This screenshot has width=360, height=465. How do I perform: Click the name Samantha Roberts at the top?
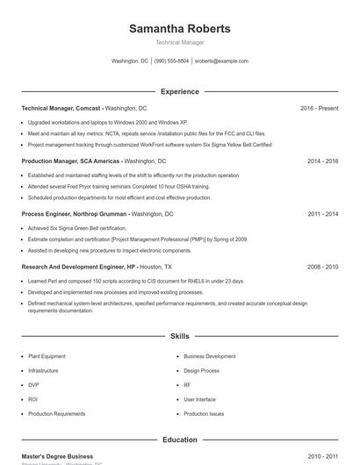pyautogui.click(x=180, y=29)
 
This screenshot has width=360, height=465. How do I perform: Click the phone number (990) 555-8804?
pyautogui.click(x=172, y=61)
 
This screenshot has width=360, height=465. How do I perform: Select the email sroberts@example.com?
pyautogui.click(x=221, y=61)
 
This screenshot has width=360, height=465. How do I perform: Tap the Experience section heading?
pyautogui.click(x=180, y=91)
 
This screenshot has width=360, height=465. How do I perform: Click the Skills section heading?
pyautogui.click(x=180, y=336)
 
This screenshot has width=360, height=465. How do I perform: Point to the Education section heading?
pyautogui.click(x=180, y=440)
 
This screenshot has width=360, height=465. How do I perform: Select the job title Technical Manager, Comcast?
pyautogui.click(x=61, y=108)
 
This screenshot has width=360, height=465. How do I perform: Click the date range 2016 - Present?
pyautogui.click(x=319, y=108)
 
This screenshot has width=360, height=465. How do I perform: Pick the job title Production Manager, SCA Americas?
pyautogui.click(x=70, y=161)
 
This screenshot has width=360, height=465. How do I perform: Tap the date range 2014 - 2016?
pyautogui.click(x=322, y=161)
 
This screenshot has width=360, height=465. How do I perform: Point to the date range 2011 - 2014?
pyautogui.click(x=322, y=214)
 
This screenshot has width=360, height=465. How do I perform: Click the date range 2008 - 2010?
pyautogui.click(x=322, y=267)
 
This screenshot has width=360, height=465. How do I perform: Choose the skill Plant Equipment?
pyautogui.click(x=47, y=356)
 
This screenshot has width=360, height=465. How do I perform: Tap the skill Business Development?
pyautogui.click(x=209, y=356)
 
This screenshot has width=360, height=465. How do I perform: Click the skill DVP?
pyautogui.click(x=33, y=385)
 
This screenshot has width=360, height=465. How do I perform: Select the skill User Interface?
pyautogui.click(x=199, y=399)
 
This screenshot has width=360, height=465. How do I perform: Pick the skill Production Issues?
pyautogui.click(x=204, y=413)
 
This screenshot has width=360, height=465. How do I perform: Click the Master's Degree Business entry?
pyautogui.click(x=57, y=456)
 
